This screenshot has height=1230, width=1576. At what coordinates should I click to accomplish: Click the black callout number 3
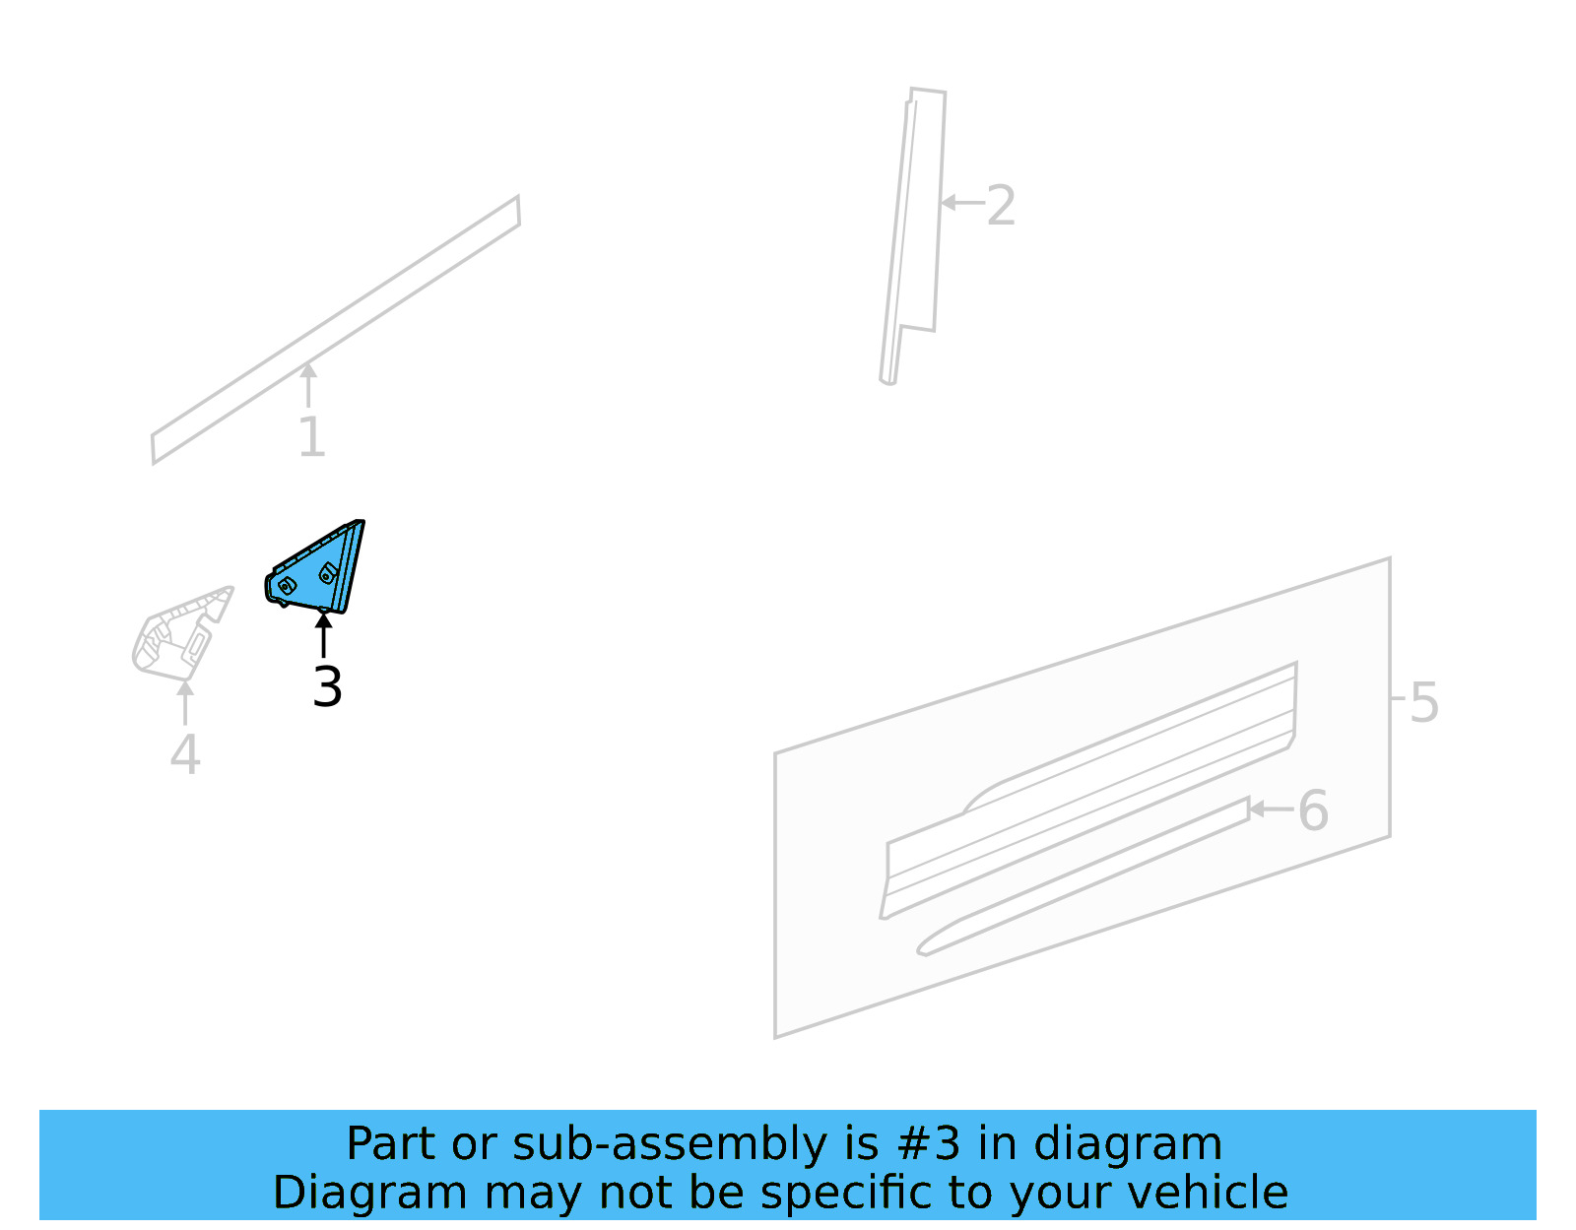click(327, 686)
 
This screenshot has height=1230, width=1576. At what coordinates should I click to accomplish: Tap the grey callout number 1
click(311, 436)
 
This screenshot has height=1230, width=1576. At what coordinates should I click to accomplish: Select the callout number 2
click(1001, 206)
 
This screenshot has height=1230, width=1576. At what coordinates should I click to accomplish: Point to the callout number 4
click(185, 755)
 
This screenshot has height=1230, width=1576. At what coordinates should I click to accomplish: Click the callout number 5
click(1424, 702)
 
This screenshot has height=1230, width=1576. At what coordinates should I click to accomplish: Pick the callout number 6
click(1313, 810)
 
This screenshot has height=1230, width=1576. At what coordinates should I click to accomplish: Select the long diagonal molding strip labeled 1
click(335, 330)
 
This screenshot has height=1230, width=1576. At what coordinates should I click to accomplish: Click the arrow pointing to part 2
click(961, 203)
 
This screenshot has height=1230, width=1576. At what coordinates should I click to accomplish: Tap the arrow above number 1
click(308, 384)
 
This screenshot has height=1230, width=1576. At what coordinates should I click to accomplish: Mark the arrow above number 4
click(185, 701)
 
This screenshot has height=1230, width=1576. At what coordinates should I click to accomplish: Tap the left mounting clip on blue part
click(287, 586)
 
